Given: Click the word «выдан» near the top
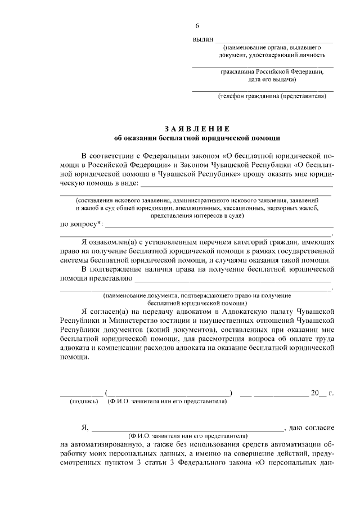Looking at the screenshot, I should [x=203, y=39].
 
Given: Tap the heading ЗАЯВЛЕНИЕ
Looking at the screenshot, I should [x=196, y=128].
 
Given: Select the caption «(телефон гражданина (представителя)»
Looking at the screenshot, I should [x=272, y=96].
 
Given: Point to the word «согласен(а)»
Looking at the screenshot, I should [x=110, y=310].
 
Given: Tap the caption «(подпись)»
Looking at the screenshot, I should [x=83, y=402].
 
